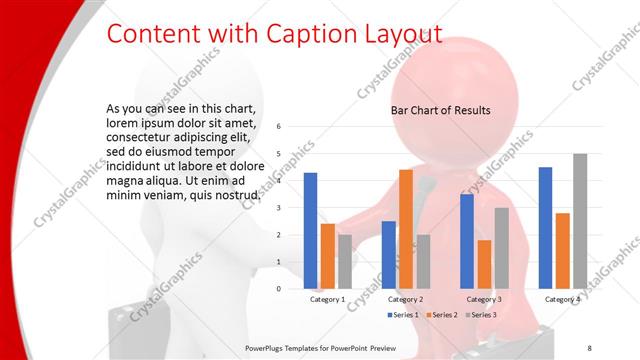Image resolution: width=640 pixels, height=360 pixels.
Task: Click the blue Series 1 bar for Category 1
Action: (310, 231)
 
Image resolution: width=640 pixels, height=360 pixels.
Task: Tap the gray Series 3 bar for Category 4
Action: (580, 221)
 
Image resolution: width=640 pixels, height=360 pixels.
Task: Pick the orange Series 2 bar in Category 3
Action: (484, 264)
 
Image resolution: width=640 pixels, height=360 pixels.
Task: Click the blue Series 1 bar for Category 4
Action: (545, 228)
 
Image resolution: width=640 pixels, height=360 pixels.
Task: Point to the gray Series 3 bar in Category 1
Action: (345, 261)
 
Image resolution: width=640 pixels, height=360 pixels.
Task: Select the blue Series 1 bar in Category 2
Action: (388, 255)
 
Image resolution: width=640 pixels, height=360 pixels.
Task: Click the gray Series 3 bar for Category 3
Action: (502, 248)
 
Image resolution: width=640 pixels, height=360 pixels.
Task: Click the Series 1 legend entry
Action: (401, 315)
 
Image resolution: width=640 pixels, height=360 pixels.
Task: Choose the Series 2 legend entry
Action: (440, 315)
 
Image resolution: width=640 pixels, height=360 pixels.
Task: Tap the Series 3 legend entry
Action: (479, 315)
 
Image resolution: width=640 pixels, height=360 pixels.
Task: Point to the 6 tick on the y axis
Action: (279, 127)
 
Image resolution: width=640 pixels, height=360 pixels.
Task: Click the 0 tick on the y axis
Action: (279, 289)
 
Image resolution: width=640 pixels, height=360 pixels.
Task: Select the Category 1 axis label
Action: (327, 299)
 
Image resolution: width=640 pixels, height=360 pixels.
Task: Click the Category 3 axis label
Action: (484, 299)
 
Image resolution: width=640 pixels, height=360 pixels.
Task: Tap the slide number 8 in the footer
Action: (589, 347)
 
